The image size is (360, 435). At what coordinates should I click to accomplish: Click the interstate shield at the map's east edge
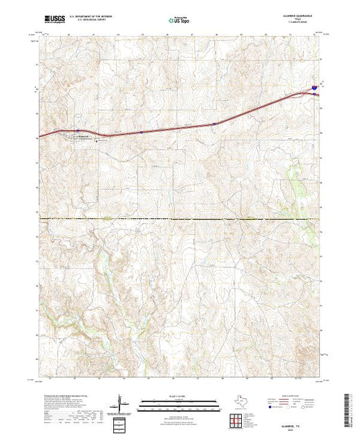(314, 88)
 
